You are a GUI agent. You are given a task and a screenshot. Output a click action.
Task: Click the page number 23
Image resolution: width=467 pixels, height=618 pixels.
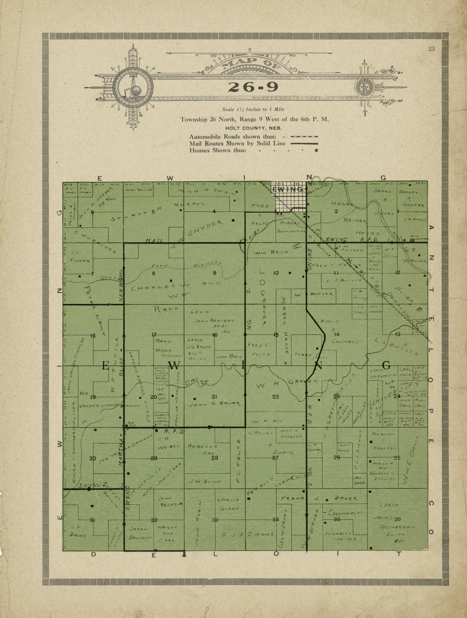[x=431, y=49]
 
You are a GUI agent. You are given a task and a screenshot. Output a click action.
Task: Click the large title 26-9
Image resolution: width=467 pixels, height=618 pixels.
[x=253, y=87]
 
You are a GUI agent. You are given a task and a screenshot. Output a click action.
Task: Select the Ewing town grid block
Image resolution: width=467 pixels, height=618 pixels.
[x=289, y=197]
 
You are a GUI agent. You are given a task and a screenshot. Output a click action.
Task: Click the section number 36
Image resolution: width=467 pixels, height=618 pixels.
[x=398, y=519]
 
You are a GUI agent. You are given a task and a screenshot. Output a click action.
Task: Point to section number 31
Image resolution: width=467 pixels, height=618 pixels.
[x=93, y=520]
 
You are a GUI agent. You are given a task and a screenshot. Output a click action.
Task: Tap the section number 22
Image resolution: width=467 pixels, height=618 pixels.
[x=276, y=396]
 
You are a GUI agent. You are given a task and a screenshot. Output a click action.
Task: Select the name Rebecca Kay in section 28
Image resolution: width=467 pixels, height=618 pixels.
[x=203, y=450]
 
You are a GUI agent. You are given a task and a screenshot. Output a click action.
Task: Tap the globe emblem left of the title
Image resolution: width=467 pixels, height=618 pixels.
[x=133, y=88]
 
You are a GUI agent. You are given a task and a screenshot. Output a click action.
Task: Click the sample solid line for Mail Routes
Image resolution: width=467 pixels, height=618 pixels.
[x=304, y=144]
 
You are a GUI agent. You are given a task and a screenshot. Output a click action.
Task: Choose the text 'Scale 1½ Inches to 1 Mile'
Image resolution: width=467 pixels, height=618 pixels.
[x=253, y=109]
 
